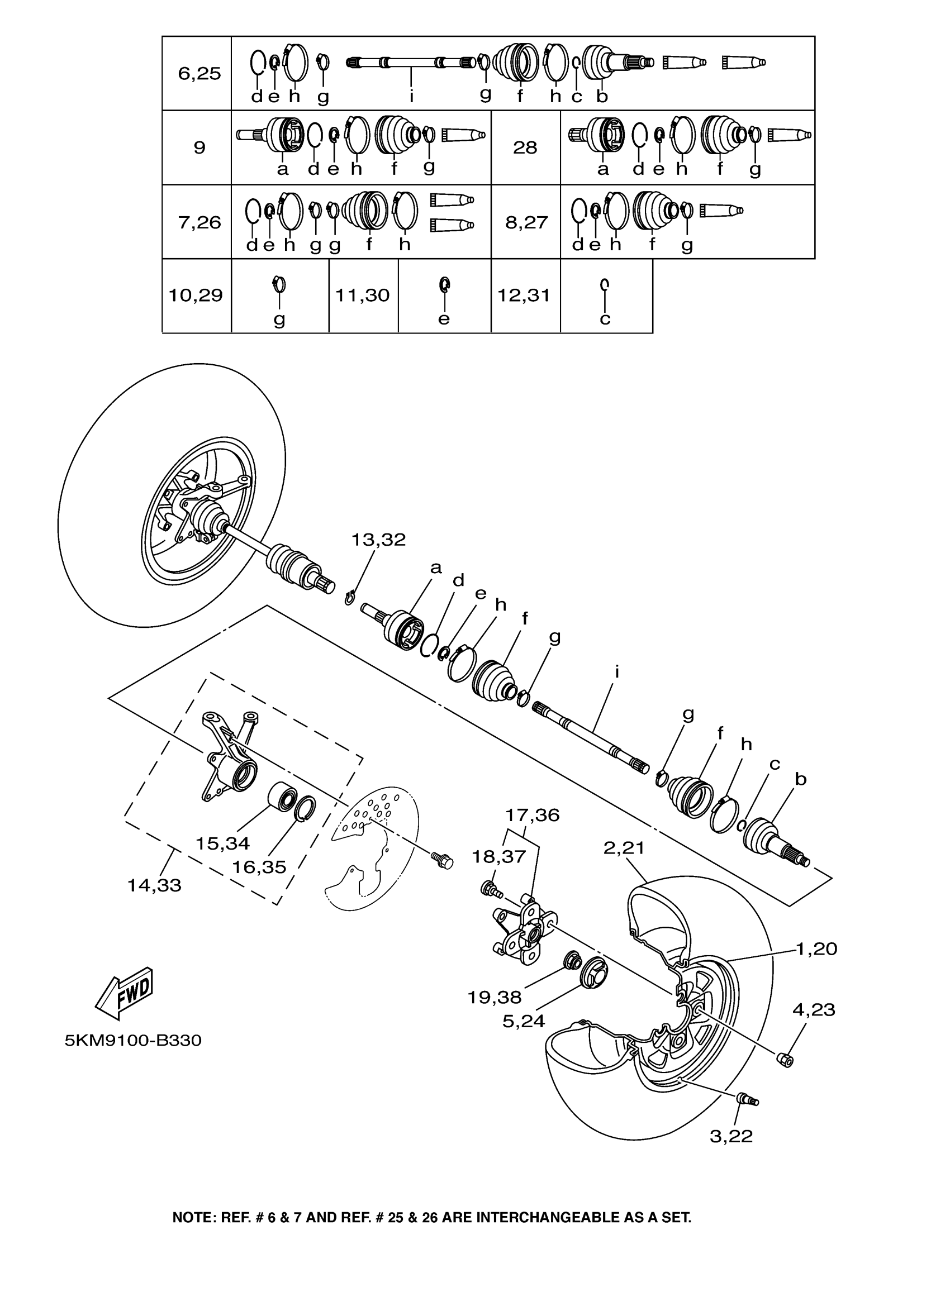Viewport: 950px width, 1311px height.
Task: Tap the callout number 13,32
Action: [379, 540]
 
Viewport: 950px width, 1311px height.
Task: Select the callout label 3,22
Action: [731, 1136]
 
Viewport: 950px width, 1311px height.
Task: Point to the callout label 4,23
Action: [814, 1010]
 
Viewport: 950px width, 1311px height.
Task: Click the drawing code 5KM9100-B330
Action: [133, 1041]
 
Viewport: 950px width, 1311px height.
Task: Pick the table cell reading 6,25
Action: [199, 73]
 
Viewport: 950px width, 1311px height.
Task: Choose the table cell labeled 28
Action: [525, 148]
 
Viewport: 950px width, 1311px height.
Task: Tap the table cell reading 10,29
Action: [196, 296]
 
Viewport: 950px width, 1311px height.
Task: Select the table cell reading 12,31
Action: [524, 296]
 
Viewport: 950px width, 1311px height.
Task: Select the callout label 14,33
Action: [154, 885]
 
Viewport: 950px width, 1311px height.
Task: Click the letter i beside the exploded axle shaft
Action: [617, 671]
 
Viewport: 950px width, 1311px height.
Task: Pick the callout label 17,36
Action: [532, 815]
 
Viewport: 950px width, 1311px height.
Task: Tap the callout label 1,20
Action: [816, 948]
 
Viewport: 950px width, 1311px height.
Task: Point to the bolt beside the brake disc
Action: [444, 862]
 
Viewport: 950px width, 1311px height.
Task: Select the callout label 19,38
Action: [495, 997]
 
